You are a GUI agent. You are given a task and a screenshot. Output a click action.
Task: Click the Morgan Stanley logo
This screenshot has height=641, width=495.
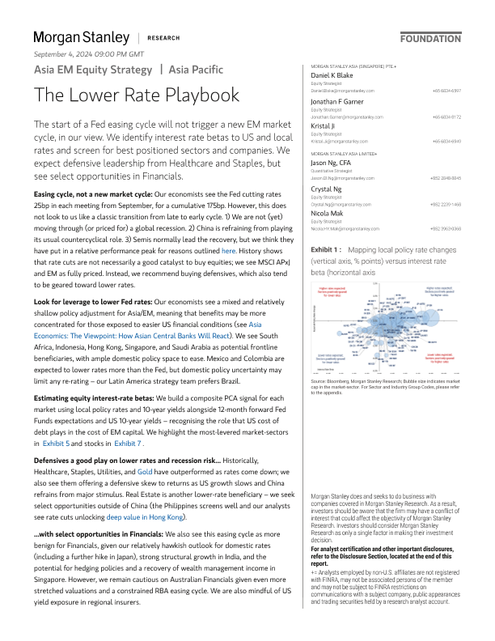click(81, 37)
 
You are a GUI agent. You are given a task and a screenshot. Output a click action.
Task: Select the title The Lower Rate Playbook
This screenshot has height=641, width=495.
click(136, 95)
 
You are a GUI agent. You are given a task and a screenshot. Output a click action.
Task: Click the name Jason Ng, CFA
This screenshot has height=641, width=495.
click(336, 163)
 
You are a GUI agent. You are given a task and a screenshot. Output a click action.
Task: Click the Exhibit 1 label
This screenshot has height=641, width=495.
click(326, 250)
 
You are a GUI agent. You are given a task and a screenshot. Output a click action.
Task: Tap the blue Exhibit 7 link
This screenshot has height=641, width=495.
click(128, 444)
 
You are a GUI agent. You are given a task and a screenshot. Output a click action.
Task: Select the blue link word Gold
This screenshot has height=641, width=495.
click(145, 470)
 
